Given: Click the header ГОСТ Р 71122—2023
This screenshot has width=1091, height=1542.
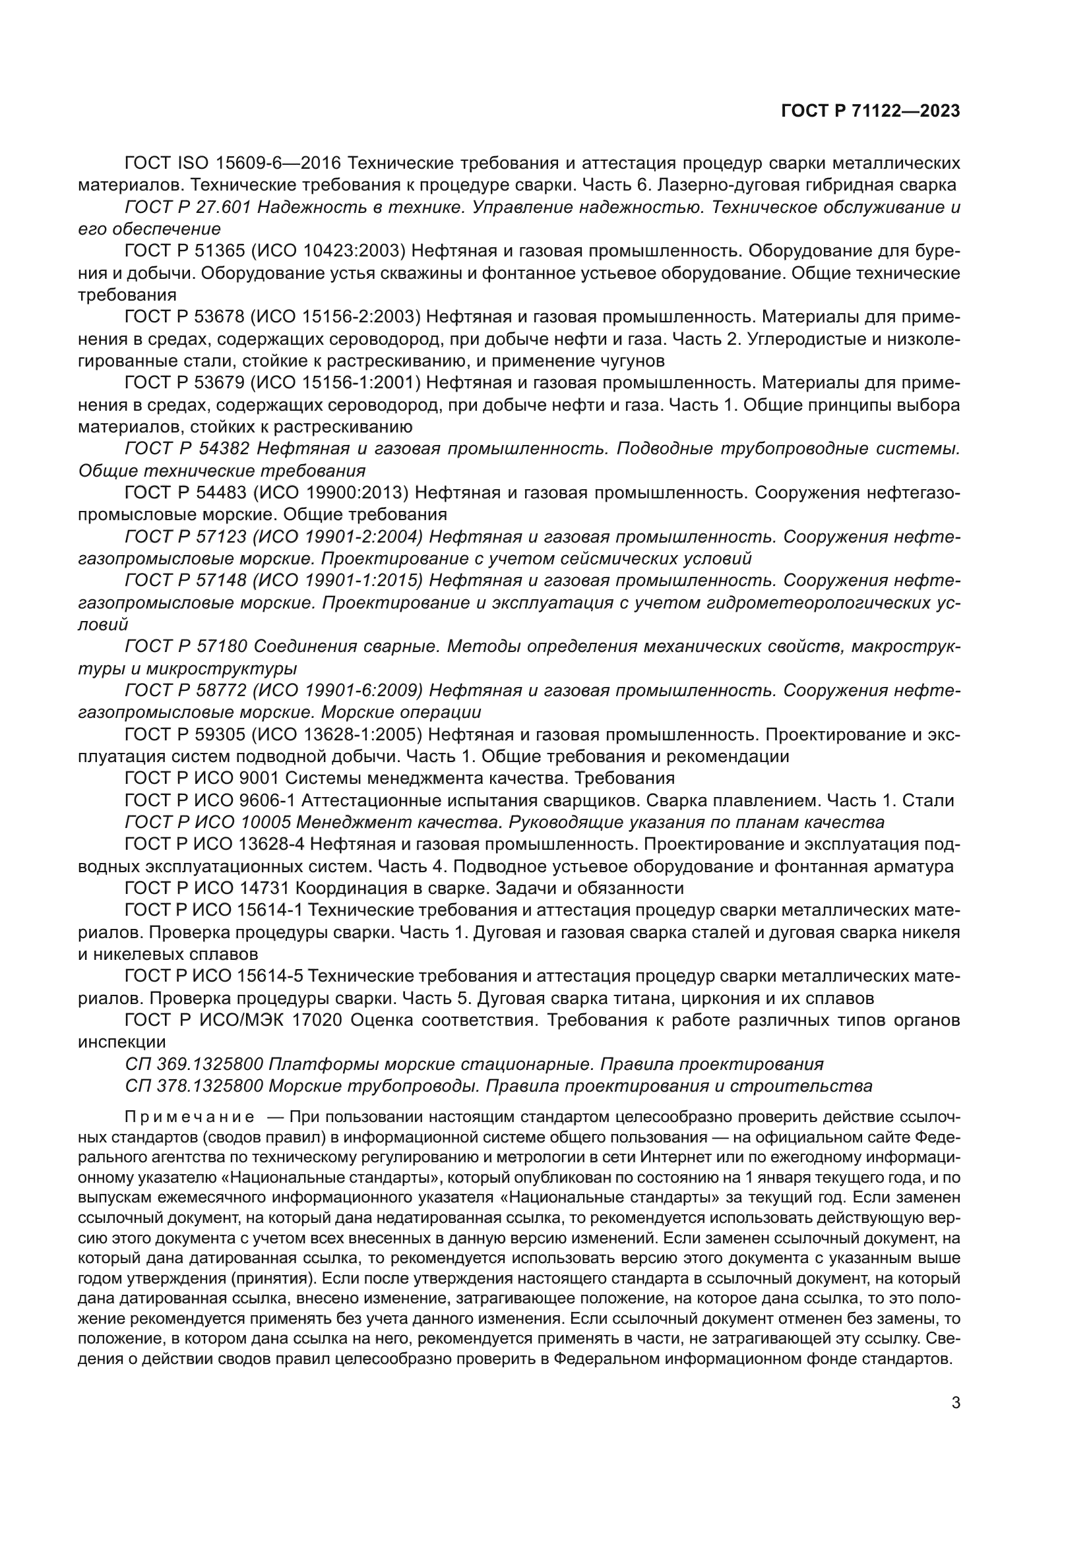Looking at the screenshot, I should [x=870, y=111].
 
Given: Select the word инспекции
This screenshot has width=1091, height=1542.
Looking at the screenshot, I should [x=121, y=1042].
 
